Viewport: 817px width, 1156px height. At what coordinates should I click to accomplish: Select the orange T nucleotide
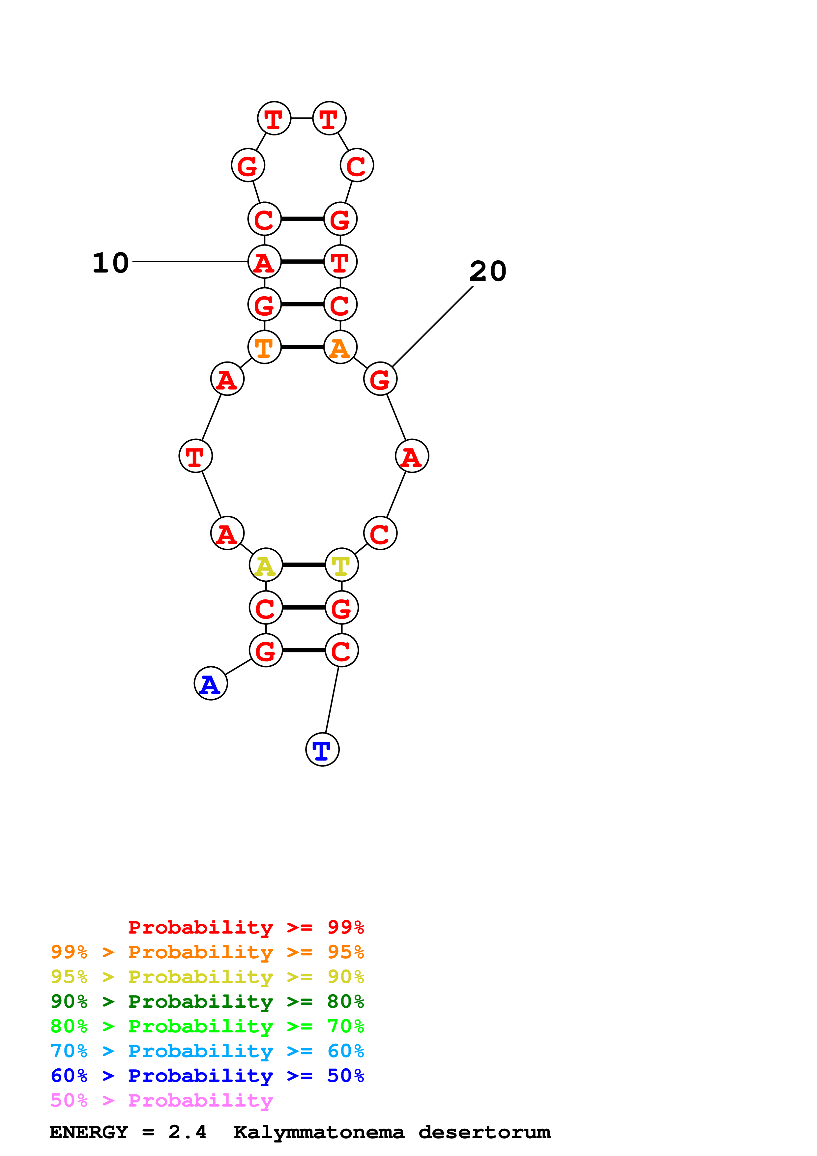(264, 347)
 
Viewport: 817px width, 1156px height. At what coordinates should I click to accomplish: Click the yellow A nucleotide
(266, 565)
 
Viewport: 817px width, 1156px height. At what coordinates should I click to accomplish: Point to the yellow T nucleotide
(342, 565)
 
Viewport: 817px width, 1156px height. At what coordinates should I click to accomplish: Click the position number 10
(111, 263)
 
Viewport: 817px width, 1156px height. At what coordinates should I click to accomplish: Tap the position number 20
(488, 272)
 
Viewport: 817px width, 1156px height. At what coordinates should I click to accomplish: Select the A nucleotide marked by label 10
(264, 261)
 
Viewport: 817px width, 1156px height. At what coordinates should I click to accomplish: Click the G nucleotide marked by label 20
(380, 379)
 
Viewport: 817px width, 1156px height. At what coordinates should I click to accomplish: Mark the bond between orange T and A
(302, 347)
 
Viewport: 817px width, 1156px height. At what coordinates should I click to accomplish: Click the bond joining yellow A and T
(304, 565)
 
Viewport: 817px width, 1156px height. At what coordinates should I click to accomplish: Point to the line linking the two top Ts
(302, 118)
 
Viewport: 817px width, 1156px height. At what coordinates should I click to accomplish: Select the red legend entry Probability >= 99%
(246, 927)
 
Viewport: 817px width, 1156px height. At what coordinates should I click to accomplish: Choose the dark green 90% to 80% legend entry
(207, 1001)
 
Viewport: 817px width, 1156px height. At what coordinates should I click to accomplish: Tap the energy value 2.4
(187, 1132)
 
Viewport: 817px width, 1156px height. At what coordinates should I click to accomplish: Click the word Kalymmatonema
(319, 1132)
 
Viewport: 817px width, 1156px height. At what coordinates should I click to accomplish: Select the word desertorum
(484, 1132)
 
